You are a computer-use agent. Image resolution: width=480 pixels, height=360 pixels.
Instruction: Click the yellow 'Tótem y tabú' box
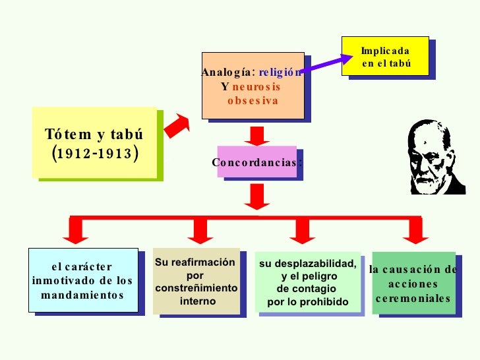[x=94, y=142]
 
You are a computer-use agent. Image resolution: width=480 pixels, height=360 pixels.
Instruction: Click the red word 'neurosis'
[x=256, y=86]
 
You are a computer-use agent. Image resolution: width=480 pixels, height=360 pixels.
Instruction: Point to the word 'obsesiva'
[x=253, y=101]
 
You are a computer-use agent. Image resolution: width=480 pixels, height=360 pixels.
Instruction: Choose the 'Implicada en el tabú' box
[x=386, y=57]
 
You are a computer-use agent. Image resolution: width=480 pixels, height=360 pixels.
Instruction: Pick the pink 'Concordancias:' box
[x=257, y=162]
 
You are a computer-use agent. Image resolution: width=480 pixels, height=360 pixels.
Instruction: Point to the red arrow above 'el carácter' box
[x=76, y=230]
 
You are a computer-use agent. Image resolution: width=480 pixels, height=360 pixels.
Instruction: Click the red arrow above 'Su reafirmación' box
[x=197, y=230]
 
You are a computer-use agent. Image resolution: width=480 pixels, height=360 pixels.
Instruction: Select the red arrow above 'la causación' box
[x=414, y=230]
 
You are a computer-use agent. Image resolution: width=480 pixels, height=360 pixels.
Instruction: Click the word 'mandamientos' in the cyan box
[x=82, y=294]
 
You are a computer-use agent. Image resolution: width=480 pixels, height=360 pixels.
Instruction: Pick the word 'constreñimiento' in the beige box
[x=196, y=289]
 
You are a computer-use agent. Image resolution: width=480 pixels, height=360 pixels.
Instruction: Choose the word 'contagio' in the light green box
[x=307, y=289]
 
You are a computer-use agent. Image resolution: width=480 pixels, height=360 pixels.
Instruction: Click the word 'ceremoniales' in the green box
[x=413, y=298]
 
